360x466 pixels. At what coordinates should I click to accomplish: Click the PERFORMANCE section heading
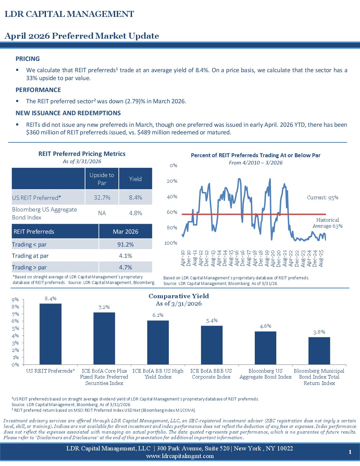[x=38, y=90]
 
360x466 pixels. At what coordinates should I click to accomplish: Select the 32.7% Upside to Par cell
[x=102, y=198]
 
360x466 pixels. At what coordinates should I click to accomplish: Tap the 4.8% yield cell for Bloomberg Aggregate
[x=135, y=213]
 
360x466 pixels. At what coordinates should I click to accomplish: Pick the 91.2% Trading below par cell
[x=125, y=245]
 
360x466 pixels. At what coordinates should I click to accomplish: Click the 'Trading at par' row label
[x=30, y=256]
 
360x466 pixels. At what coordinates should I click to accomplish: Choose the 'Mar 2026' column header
[x=125, y=232]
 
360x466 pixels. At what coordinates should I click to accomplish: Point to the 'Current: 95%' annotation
[x=323, y=198]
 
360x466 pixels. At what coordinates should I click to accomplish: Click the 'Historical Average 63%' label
[x=328, y=223]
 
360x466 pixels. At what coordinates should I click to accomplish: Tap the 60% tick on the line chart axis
[x=172, y=212]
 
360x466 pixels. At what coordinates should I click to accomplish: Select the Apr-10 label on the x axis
[x=183, y=258]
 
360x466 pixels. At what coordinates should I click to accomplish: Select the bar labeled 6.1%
[x=158, y=342]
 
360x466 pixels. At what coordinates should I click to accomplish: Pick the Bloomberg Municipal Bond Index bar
[x=319, y=350]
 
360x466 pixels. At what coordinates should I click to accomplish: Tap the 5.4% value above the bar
[x=212, y=320]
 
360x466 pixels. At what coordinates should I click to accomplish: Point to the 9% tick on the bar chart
[x=15, y=300]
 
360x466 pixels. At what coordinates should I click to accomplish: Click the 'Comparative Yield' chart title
[x=179, y=296]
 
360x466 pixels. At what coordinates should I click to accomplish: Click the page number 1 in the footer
[x=350, y=452]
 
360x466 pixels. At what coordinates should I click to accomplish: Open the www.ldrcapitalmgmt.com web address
[x=180, y=456]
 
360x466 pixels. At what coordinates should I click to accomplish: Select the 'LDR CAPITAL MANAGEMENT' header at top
[x=69, y=14]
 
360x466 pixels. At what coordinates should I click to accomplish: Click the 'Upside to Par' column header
[x=102, y=179]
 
